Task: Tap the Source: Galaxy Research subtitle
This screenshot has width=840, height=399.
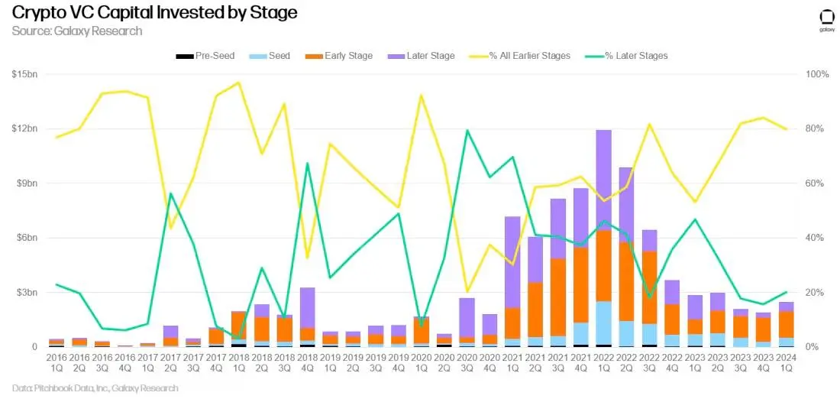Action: pyautogui.click(x=77, y=31)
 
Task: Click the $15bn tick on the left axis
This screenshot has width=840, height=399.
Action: pyautogui.click(x=25, y=74)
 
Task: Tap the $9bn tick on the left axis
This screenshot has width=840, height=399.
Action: pyautogui.click(x=27, y=183)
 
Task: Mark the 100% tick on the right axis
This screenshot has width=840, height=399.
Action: pyautogui.click(x=817, y=74)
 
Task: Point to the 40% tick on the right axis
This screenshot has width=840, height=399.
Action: pyautogui.click(x=816, y=238)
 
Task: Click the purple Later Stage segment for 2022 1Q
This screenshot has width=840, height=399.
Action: pyautogui.click(x=603, y=180)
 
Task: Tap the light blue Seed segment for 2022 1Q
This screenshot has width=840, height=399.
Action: pyautogui.click(x=603, y=323)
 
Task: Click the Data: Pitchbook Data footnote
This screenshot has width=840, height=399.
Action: pyautogui.click(x=95, y=388)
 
